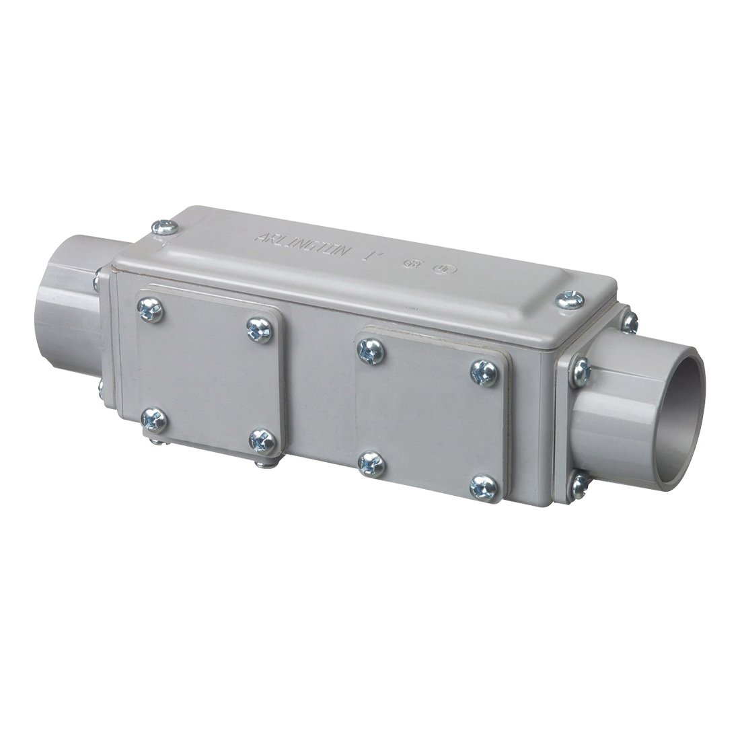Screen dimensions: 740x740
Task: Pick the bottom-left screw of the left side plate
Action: tap(149, 420)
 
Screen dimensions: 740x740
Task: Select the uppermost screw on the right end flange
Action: tap(630, 323)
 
